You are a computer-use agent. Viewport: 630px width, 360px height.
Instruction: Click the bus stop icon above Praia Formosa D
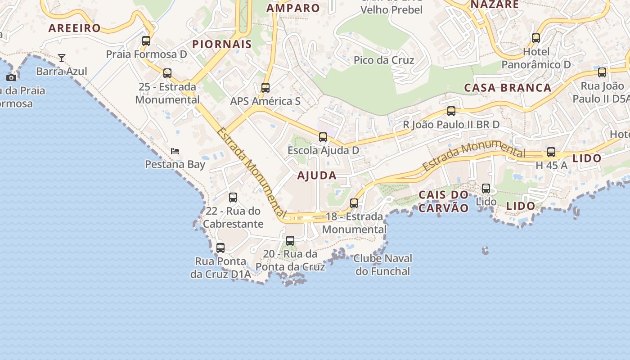146,41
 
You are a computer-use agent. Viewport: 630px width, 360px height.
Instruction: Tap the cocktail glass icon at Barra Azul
62,58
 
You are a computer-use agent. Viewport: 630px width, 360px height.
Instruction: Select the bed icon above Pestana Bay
175,151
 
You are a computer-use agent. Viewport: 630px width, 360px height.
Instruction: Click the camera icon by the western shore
11,77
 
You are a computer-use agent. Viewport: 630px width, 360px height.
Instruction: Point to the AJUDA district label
317,176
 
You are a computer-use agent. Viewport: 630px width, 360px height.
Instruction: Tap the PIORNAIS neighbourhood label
222,44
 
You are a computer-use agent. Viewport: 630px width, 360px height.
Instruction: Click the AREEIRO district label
75,28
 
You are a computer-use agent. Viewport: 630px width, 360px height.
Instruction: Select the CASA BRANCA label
508,88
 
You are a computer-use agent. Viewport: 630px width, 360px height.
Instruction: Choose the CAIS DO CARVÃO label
444,201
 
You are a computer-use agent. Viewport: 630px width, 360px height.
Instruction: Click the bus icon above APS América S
265,88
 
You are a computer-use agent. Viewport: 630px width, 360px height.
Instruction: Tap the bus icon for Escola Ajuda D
323,137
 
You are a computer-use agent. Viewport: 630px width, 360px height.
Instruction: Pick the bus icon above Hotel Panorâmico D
536,38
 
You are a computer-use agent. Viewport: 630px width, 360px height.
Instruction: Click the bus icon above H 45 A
551,152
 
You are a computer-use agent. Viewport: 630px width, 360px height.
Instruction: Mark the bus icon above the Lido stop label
486,189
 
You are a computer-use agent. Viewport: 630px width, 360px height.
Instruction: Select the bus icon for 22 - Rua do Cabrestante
233,197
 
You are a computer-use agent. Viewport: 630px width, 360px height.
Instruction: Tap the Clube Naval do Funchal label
382,265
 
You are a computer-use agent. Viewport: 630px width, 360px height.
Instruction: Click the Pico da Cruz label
384,60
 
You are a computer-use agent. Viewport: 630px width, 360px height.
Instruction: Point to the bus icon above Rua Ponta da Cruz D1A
220,247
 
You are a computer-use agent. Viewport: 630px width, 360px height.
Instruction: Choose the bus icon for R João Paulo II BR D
451,111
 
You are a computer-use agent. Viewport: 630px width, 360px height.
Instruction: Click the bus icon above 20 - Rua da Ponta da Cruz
290,241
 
